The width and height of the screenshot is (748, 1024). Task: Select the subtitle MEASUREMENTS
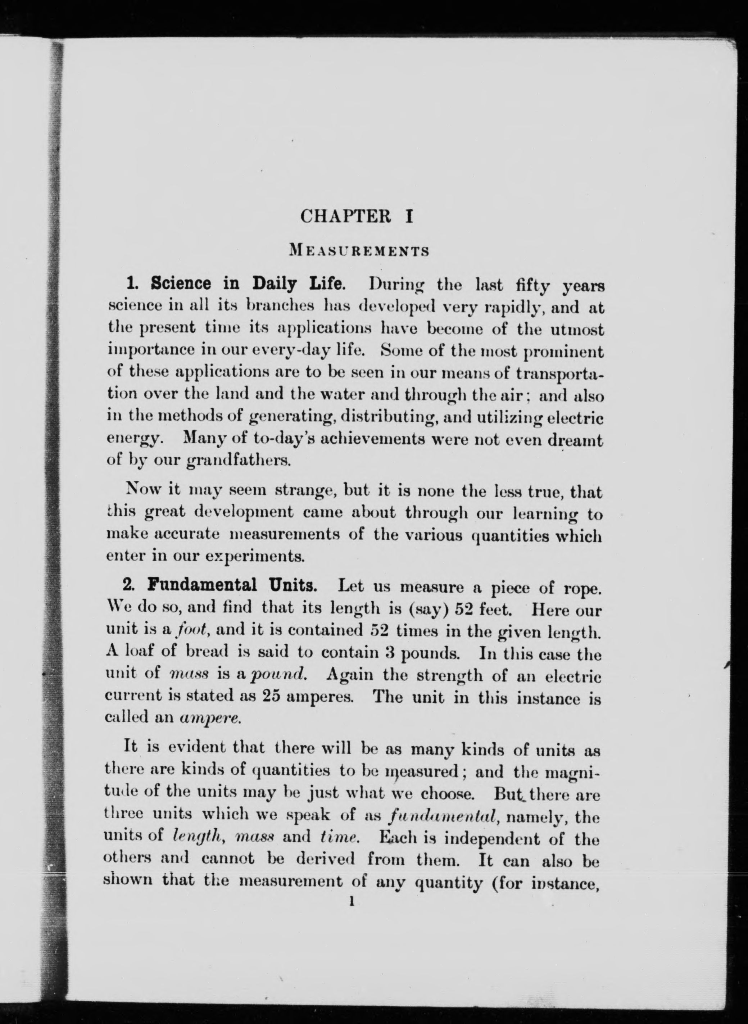[359, 250]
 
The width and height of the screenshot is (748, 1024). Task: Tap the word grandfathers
[238, 461]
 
